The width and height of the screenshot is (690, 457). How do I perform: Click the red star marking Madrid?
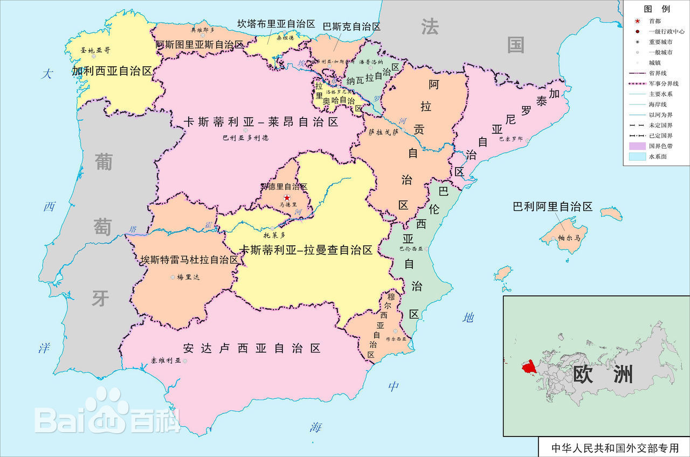[x=286, y=198]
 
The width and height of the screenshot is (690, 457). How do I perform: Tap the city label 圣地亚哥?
[x=95, y=50]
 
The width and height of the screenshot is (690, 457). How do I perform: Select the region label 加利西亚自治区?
[x=112, y=71]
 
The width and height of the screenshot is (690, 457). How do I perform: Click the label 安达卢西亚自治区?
[x=252, y=348]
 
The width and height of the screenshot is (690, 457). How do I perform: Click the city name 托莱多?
[x=274, y=235]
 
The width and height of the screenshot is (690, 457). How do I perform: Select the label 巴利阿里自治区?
[x=552, y=206]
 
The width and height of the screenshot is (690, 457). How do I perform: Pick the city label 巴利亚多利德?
[x=246, y=137]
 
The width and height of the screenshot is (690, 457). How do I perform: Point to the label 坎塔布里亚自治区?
[x=276, y=24]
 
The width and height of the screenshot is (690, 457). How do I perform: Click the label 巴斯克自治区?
[x=351, y=26]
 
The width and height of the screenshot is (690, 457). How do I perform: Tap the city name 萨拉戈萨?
[x=383, y=131]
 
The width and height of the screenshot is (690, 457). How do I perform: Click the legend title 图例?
[x=657, y=9]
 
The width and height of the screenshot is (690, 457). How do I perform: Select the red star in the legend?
[x=638, y=21]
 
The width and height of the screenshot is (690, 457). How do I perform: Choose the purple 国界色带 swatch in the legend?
[x=638, y=146]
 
